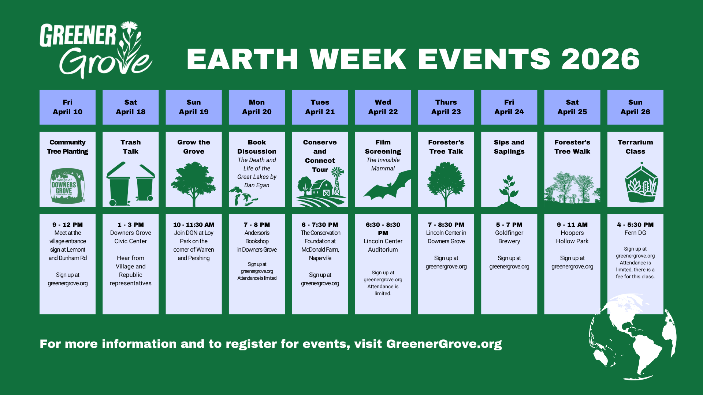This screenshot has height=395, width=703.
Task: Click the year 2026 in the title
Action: point(600,59)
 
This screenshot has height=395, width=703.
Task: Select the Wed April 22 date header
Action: point(383,107)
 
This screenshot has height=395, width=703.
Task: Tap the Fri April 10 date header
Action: point(67,107)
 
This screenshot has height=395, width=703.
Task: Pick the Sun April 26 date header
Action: point(635,107)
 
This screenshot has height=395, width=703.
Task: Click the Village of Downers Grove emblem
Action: point(67,186)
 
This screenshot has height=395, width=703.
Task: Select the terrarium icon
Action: point(641,184)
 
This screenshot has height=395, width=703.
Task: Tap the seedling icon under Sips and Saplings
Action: point(509,190)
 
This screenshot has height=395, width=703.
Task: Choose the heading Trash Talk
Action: point(131,147)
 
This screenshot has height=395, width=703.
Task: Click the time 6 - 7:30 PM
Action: point(320,225)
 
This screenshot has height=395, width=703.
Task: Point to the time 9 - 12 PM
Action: point(67,225)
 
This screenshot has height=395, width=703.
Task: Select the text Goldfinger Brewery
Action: point(509,237)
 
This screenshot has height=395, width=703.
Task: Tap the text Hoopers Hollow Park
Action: point(572,237)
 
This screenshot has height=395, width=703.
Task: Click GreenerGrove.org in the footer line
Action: point(444,344)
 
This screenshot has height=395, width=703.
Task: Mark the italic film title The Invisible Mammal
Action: point(383,164)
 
